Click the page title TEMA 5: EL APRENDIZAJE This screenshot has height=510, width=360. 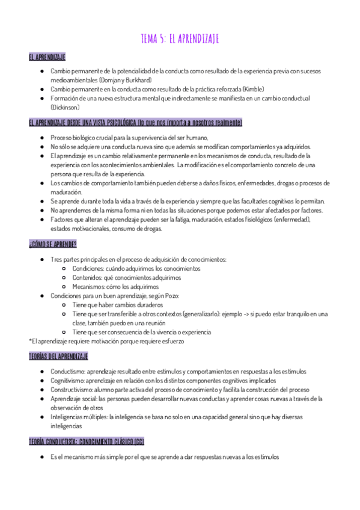pos(180,39)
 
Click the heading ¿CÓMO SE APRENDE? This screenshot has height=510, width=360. pos(52,244)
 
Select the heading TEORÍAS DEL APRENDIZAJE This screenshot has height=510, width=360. pos(58,356)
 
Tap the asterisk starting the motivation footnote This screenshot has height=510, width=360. pos(30,341)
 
